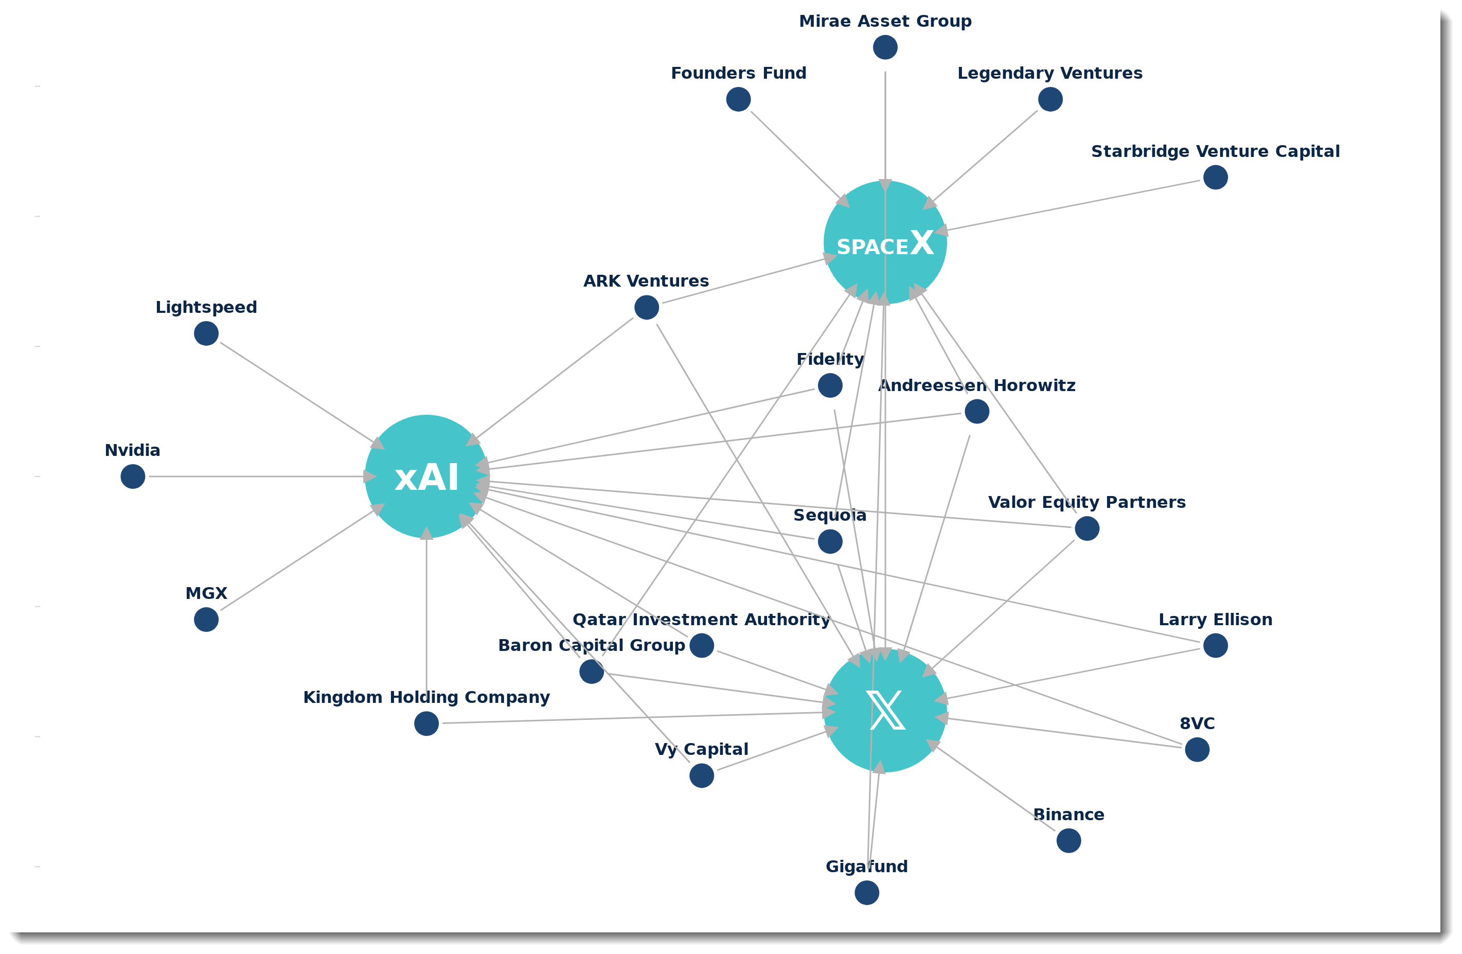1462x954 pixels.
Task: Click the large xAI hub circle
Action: coord(426,476)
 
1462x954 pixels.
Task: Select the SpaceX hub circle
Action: coord(885,243)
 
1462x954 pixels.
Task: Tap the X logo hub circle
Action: coord(885,711)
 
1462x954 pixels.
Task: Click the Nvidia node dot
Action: coord(133,476)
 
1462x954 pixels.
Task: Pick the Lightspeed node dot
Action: coord(206,333)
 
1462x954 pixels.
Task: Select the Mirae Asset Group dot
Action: coord(885,47)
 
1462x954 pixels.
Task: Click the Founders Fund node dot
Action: coord(738,99)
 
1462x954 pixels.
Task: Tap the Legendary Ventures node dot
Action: coord(1050,99)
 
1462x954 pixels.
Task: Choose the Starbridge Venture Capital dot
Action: coord(1215,178)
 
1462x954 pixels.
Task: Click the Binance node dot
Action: coord(1069,840)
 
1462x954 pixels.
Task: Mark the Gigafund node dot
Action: coord(867,893)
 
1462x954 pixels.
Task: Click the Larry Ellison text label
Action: coord(1215,620)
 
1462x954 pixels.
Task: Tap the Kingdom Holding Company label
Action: coord(426,698)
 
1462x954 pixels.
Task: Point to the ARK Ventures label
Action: coord(646,281)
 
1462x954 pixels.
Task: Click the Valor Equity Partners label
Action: coord(1086,503)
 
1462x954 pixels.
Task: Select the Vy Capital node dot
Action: coord(702,776)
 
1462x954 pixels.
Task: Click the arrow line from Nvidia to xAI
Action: coord(258,476)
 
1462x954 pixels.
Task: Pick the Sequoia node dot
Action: coord(830,542)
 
